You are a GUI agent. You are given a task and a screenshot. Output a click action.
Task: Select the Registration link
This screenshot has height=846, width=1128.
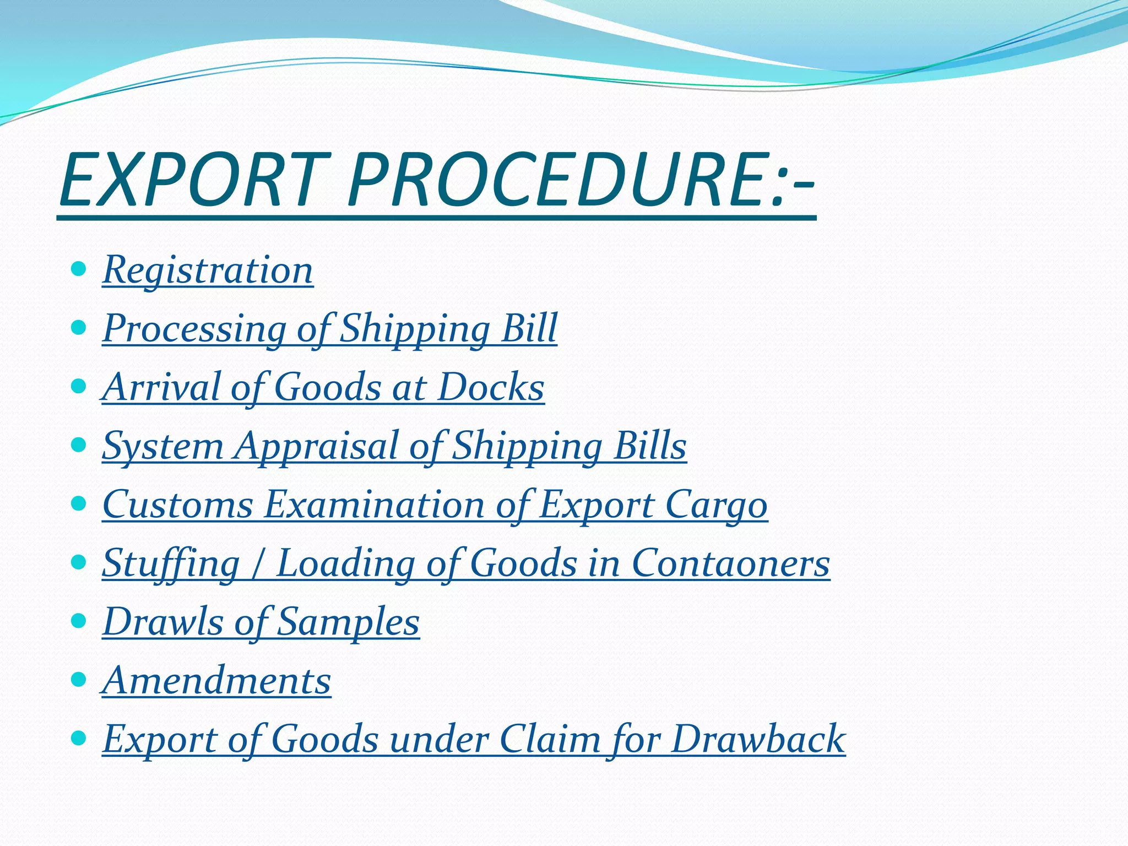pyautogui.click(x=208, y=270)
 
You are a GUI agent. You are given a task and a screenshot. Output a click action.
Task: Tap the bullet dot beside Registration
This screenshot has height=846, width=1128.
pyautogui.click(x=79, y=269)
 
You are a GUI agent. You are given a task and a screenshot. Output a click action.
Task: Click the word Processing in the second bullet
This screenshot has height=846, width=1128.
pyautogui.click(x=194, y=329)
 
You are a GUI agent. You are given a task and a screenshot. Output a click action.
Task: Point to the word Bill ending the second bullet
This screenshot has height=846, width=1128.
pyautogui.click(x=529, y=329)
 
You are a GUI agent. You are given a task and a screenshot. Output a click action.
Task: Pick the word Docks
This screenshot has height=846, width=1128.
pyautogui.click(x=491, y=387)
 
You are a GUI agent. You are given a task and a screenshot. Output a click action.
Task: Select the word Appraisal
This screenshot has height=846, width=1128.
pyautogui.click(x=316, y=446)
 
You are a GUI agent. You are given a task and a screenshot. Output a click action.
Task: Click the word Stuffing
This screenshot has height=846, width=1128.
pyautogui.click(x=171, y=563)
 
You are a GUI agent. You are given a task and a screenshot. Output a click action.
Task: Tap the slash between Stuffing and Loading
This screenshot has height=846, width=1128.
pyautogui.click(x=257, y=565)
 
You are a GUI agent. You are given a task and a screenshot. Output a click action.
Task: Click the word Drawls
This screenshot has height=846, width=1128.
pyautogui.click(x=163, y=622)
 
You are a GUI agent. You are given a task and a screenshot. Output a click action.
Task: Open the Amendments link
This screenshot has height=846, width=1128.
pyautogui.click(x=217, y=681)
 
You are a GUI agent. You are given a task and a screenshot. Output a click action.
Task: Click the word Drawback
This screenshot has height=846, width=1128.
pyautogui.click(x=758, y=739)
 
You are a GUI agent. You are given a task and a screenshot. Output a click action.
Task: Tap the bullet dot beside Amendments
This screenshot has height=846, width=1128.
pyautogui.click(x=79, y=680)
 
